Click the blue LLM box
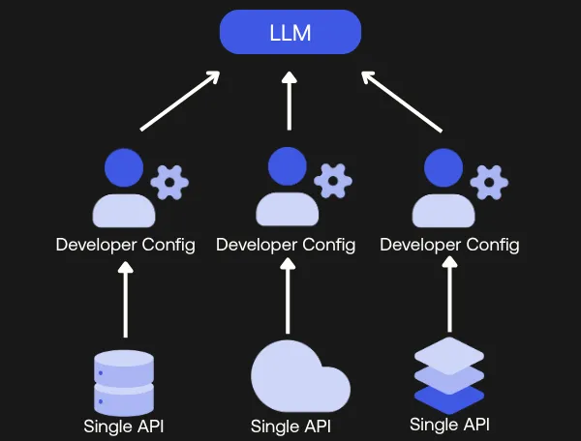290,33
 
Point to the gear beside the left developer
170,181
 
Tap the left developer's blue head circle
123,167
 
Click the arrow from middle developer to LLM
289,100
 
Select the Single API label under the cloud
290,426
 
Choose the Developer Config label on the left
125,245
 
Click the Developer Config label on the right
449,245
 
